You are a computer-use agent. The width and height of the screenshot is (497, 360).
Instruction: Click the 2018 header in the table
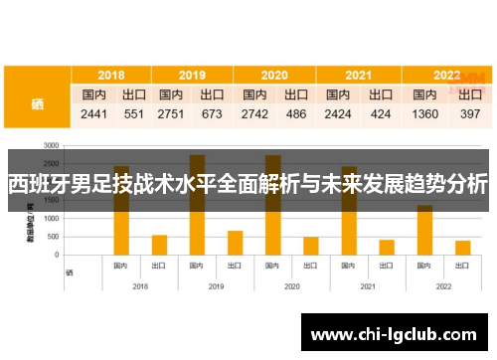[111, 75]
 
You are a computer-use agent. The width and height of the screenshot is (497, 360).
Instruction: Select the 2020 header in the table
[274, 75]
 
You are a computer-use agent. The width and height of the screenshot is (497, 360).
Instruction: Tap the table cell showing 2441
[94, 114]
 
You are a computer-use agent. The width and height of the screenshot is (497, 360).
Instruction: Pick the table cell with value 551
[133, 114]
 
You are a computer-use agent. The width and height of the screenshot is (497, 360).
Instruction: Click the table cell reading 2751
[171, 114]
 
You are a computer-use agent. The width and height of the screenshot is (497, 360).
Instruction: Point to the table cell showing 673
[212, 114]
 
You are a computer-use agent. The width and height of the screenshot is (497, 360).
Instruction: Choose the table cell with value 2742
[254, 114]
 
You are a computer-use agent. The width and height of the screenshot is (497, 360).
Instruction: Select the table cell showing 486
[296, 114]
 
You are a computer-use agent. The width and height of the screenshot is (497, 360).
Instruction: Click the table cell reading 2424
[338, 114]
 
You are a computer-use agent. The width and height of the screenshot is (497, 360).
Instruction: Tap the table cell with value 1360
[425, 114]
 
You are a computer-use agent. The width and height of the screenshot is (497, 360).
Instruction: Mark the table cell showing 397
[470, 114]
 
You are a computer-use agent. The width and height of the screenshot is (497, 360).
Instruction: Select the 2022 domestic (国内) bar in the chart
[424, 230]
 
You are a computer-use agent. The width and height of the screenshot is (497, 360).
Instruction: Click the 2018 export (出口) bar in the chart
[159, 245]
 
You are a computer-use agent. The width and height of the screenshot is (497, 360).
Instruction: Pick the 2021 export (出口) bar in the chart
[387, 247]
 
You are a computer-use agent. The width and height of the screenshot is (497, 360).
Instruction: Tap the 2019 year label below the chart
[216, 286]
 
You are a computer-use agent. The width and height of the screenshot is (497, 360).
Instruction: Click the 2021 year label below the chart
[368, 286]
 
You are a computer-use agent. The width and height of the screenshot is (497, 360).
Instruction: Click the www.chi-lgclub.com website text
[395, 334]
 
